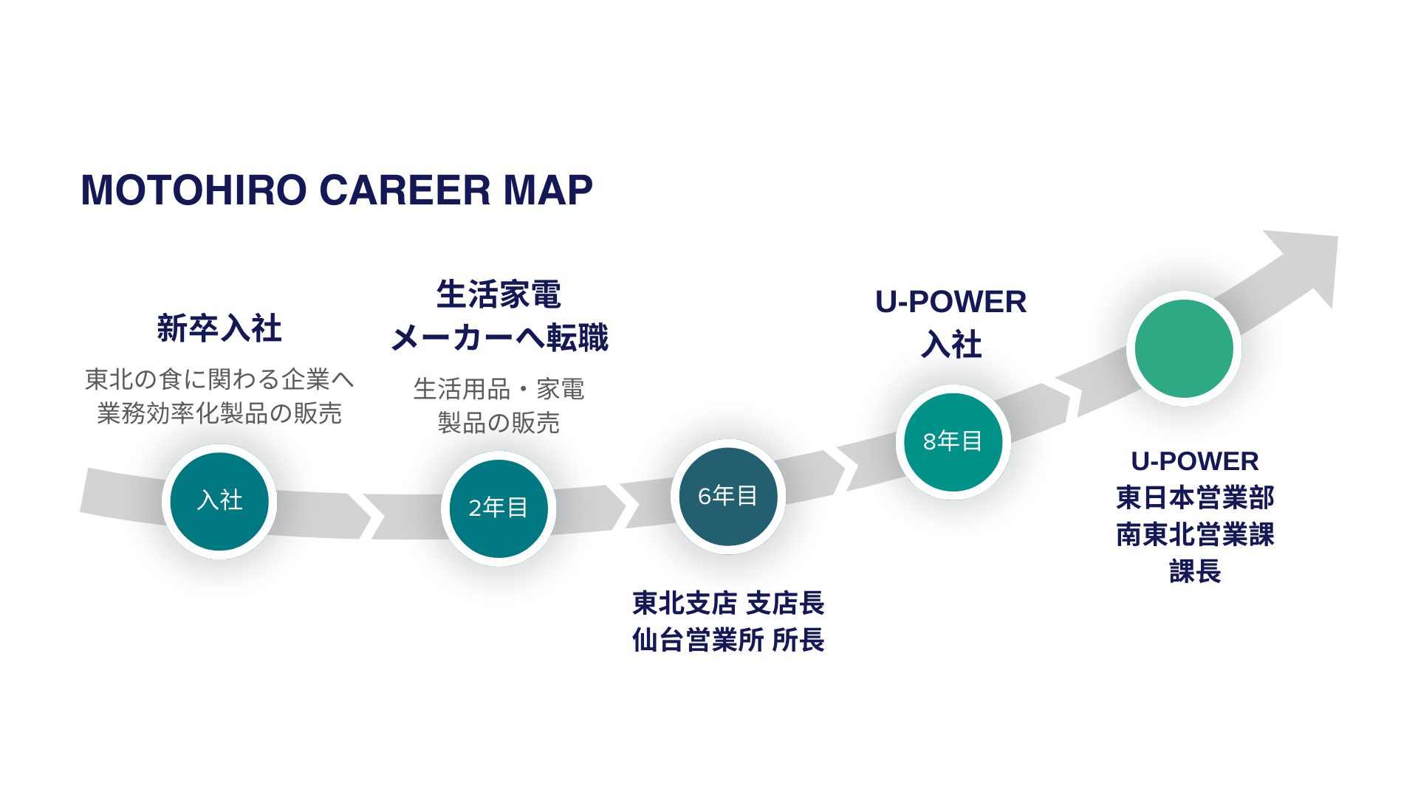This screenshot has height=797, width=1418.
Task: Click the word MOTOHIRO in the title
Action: tap(193, 190)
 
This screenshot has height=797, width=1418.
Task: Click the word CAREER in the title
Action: tap(405, 190)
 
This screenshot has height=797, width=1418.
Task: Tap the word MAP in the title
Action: tap(548, 190)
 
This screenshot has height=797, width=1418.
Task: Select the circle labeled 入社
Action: tap(219, 501)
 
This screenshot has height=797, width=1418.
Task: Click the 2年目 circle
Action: tap(499, 508)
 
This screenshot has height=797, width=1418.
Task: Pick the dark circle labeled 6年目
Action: tap(728, 496)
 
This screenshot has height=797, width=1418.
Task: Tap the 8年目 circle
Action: tap(953, 441)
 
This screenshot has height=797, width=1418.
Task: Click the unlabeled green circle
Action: tap(1184, 348)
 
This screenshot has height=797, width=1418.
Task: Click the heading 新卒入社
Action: tap(219, 328)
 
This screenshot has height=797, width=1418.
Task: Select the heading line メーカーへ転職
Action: tap(500, 338)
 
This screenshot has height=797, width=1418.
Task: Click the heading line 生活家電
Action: tap(499, 294)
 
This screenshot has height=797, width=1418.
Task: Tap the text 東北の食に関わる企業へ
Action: tap(219, 379)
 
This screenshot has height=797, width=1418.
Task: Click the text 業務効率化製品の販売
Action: tap(219, 413)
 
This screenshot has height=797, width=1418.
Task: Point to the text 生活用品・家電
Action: tap(499, 389)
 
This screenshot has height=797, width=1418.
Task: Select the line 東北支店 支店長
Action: tap(728, 603)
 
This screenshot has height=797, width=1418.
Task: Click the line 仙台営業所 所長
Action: tap(728, 640)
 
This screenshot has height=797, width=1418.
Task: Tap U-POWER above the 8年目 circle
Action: tap(951, 302)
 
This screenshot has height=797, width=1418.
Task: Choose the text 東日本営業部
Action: tap(1195, 497)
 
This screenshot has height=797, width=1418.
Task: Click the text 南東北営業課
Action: tap(1195, 534)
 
